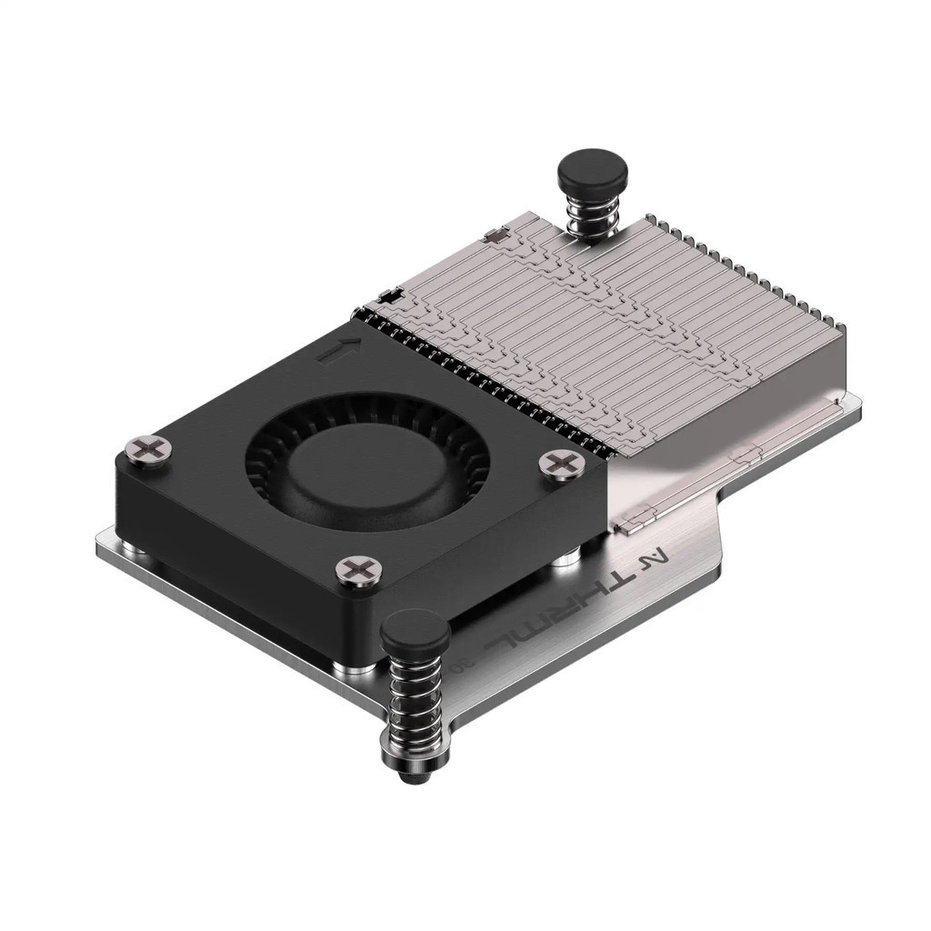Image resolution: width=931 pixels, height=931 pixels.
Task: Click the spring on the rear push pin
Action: tap(591, 216)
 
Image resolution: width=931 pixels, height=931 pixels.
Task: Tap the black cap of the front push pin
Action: tap(415, 629)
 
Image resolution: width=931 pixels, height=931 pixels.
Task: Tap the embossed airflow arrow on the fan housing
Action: tap(339, 350)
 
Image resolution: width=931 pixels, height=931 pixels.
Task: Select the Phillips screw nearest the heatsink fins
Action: tap(562, 463)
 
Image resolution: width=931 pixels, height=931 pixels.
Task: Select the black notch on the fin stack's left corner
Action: tap(388, 296)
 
